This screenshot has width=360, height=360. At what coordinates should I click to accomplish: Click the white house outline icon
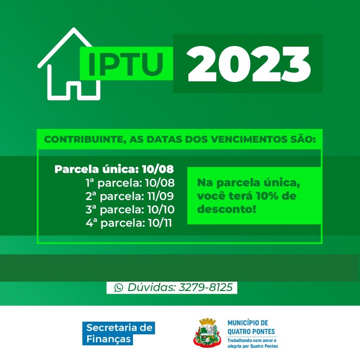[x=49, y=76]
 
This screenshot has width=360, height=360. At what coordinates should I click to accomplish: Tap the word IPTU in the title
[x=126, y=64]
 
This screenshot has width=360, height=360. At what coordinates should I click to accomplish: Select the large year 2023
[x=249, y=64]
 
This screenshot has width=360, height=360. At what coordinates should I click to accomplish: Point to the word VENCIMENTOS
[x=248, y=139]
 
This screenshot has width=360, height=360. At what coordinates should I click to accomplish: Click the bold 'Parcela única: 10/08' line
[x=114, y=169]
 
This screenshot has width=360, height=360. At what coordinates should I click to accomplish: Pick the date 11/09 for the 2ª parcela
[x=161, y=196]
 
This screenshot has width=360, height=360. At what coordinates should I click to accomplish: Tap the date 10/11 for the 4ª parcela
[x=160, y=223]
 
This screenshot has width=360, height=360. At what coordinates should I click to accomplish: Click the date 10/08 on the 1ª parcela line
[x=160, y=183]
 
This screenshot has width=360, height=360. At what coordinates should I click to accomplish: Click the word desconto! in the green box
[x=227, y=209]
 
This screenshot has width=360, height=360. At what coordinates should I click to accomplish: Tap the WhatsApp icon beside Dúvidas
[x=119, y=288]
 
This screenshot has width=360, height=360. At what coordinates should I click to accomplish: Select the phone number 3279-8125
[x=206, y=287]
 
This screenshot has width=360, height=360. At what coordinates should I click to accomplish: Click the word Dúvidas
[x=152, y=287]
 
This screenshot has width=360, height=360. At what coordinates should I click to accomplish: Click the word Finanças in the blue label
[x=108, y=339]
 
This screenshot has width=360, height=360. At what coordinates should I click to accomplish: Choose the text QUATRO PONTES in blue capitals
[x=251, y=332]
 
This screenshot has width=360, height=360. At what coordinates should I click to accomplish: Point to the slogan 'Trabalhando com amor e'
[x=252, y=340]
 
